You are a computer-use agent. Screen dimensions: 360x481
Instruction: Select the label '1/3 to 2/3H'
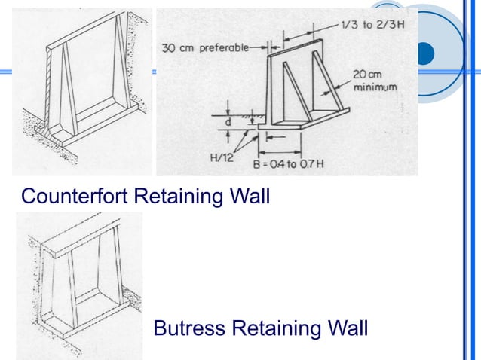[x=372, y=25]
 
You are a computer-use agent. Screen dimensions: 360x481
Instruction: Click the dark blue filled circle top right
[x=426, y=53]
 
